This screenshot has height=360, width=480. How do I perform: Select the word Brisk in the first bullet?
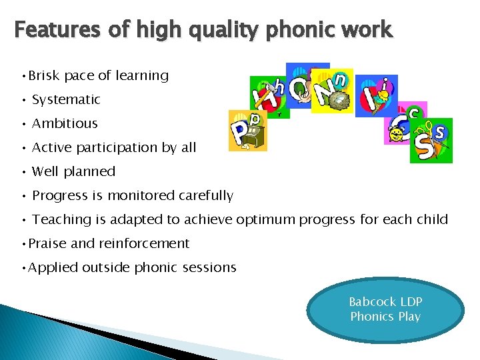tap(45, 75)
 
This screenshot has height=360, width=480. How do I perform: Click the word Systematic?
tap(66, 99)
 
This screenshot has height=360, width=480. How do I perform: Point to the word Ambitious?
tap(65, 123)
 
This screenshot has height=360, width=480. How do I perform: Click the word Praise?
tap(47, 243)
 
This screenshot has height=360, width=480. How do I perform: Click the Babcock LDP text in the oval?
tap(385, 302)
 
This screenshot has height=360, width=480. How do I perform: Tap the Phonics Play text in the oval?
tap(385, 317)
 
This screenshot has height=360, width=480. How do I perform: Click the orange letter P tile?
tap(247, 131)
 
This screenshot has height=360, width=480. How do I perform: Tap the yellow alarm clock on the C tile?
tap(397, 134)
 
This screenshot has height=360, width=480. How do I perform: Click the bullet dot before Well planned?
tap(23, 171)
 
